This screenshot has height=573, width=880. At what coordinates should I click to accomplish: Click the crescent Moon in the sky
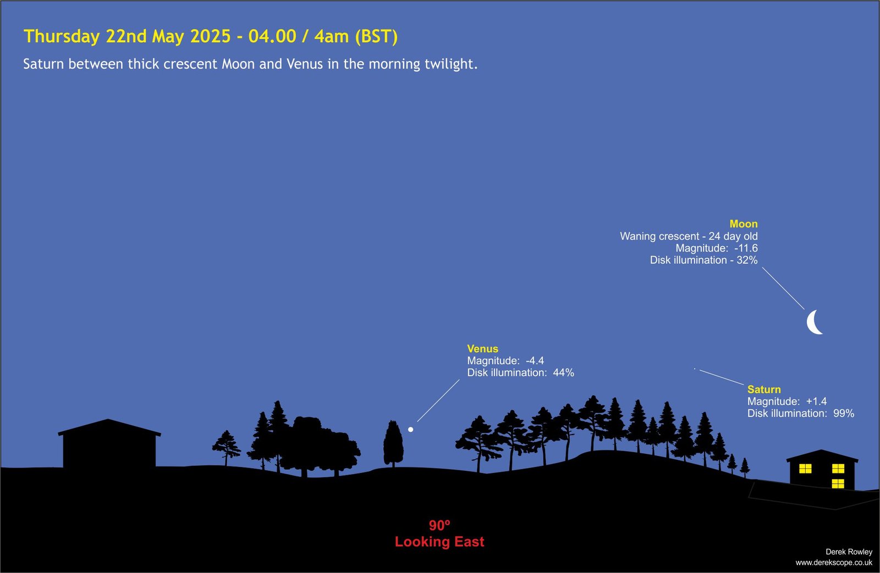tap(811, 322)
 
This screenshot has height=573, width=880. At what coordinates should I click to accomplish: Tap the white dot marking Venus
tap(410, 430)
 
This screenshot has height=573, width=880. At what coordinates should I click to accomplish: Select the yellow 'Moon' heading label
tap(743, 224)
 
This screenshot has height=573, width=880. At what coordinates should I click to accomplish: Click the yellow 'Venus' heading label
tap(482, 348)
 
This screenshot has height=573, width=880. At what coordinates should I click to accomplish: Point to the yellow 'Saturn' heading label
tap(764, 390)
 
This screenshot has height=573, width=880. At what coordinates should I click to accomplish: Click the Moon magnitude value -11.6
tap(746, 248)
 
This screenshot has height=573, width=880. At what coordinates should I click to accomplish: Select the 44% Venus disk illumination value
tap(563, 372)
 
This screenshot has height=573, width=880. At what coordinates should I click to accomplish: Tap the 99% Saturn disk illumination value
tap(844, 413)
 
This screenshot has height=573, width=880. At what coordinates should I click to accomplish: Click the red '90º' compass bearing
tap(439, 525)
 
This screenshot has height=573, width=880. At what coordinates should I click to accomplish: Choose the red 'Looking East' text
tap(439, 542)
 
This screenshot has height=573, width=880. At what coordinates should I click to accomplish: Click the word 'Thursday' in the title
tap(62, 36)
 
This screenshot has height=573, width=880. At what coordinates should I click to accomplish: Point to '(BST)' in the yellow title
tap(376, 36)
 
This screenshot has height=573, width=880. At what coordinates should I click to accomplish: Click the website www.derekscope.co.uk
tap(834, 563)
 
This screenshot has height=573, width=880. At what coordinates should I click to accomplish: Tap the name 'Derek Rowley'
tap(849, 552)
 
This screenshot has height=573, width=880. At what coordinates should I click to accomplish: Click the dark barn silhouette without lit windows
tap(109, 443)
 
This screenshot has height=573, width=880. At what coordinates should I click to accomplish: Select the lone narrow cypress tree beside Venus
tap(393, 443)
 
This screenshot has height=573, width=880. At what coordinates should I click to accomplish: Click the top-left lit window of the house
tap(805, 469)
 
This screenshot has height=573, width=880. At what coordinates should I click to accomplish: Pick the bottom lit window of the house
tap(838, 483)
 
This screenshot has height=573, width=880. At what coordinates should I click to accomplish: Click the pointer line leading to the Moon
tap(783, 288)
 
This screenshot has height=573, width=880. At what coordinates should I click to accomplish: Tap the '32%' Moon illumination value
tap(747, 260)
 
